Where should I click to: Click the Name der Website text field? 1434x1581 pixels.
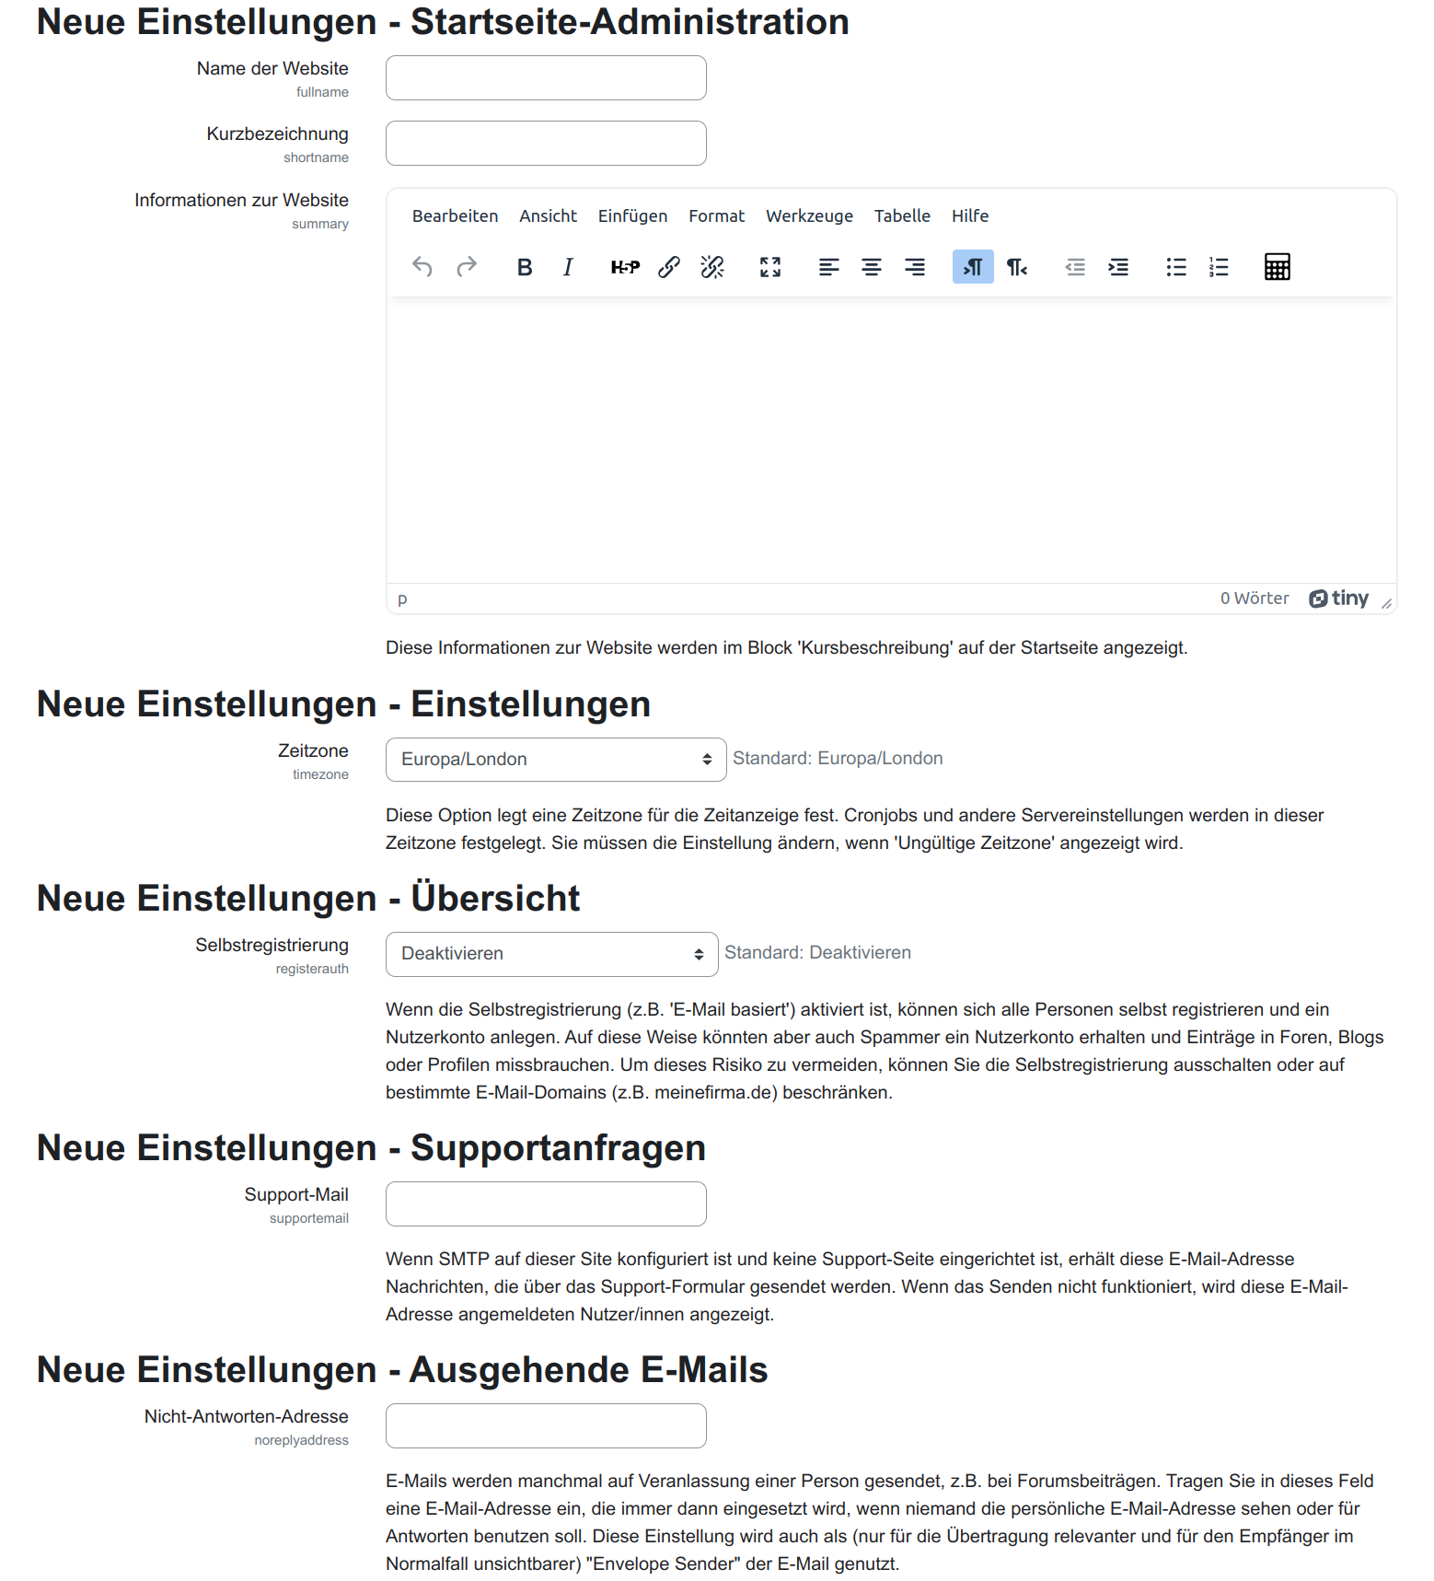[x=546, y=78]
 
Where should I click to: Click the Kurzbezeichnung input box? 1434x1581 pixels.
[x=546, y=144]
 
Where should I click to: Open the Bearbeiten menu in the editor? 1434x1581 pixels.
[x=455, y=216]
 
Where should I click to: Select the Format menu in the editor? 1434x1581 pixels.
[x=716, y=216]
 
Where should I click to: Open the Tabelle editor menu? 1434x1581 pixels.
[x=902, y=216]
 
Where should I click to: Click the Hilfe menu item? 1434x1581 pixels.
[x=970, y=216]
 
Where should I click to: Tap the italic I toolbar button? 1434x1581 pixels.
[x=568, y=267]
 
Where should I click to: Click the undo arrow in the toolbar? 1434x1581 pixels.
[x=422, y=267]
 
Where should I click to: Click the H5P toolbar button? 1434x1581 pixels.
[x=625, y=267]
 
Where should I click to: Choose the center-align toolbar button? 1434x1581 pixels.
[x=872, y=267]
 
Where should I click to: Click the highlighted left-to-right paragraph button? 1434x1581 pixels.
[x=973, y=267]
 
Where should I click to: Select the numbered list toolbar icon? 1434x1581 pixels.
[x=1219, y=267]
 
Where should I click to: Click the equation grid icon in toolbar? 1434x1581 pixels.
[x=1277, y=267]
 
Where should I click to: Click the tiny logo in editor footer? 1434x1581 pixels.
[x=1339, y=599]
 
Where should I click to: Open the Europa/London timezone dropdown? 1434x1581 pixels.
[x=556, y=760]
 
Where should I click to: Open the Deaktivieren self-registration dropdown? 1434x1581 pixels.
[x=551, y=954]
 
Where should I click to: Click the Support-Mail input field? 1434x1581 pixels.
[x=546, y=1204]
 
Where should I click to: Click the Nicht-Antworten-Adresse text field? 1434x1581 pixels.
[x=546, y=1426]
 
